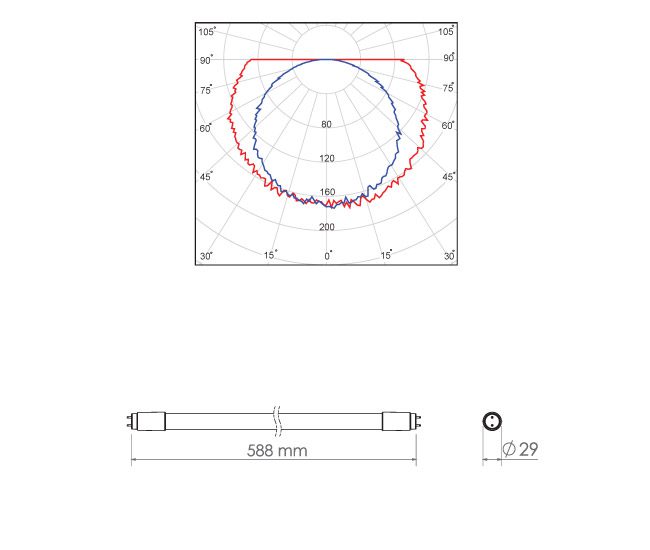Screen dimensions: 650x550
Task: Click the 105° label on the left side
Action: tap(207, 31)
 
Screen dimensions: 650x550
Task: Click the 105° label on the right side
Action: tap(446, 31)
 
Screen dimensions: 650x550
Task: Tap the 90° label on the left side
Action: tap(206, 60)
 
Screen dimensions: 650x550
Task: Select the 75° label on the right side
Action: tap(448, 87)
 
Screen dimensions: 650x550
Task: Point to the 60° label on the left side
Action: tap(206, 128)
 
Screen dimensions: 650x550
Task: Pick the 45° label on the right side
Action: tap(448, 177)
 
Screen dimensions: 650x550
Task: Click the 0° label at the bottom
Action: tap(328, 256)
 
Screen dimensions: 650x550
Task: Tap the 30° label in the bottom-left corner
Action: tap(206, 256)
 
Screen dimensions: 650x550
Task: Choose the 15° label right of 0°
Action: tap(386, 255)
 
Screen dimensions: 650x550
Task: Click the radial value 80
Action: tap(326, 124)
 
